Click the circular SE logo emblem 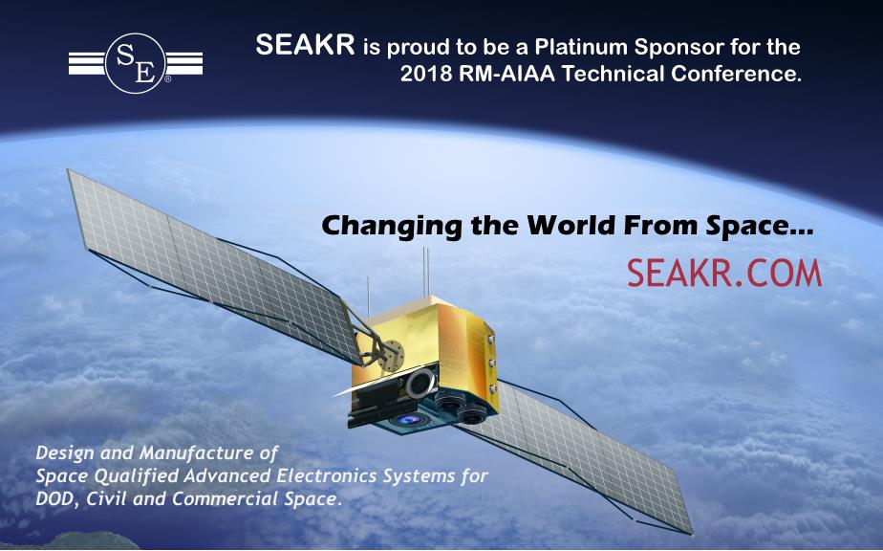(135, 63)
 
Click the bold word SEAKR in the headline (305, 45)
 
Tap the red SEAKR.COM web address (724, 273)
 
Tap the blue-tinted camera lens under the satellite (409, 420)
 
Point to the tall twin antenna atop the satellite (426, 272)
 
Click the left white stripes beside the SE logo (87, 63)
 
